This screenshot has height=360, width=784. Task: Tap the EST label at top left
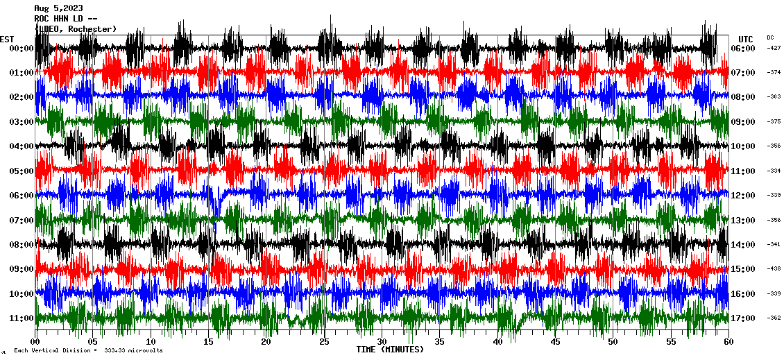click(7, 39)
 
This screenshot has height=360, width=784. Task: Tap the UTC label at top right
click(746, 39)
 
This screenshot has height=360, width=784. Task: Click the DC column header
click(770, 37)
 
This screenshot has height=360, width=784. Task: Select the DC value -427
click(774, 49)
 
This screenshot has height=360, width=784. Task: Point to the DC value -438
click(774, 269)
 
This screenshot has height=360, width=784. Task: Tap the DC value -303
click(774, 97)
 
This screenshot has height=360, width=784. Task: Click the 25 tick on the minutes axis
click(324, 342)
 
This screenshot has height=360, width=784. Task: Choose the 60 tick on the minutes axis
click(728, 342)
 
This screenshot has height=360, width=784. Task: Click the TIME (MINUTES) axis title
click(390, 350)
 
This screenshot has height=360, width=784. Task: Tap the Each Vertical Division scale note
click(87, 351)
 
